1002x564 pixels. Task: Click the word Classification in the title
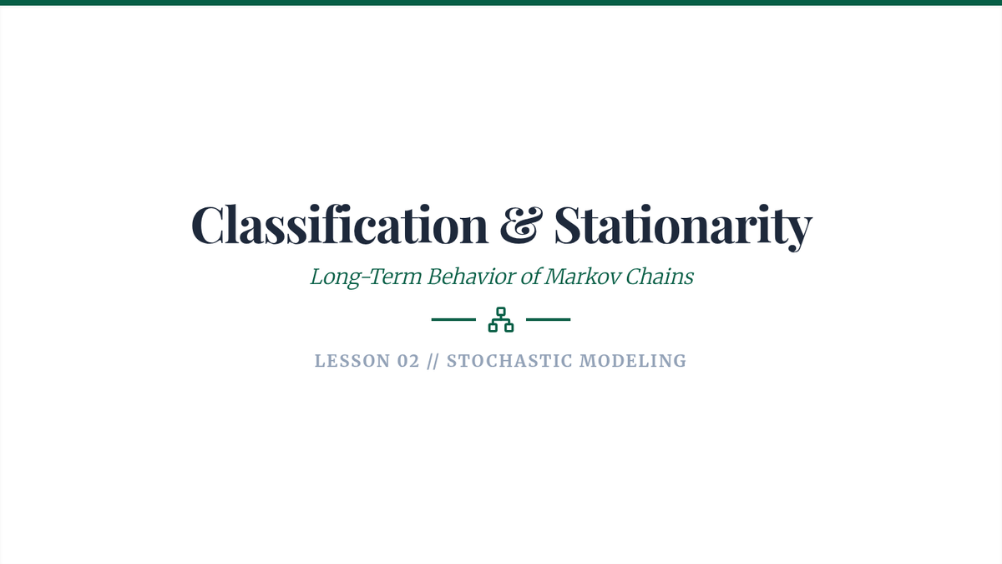(340, 224)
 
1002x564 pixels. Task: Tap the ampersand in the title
(521, 225)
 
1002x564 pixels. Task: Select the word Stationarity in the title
(683, 227)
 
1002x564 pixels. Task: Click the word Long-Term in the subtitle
(366, 277)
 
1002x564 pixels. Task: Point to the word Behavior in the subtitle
(472, 277)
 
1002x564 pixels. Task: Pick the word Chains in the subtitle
(660, 277)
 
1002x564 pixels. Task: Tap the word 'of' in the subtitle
(530, 277)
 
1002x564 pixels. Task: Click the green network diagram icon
(501, 319)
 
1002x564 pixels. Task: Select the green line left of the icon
(453, 319)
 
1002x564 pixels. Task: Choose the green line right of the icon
(549, 319)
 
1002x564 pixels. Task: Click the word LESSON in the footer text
(352, 361)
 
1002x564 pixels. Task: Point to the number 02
(408, 361)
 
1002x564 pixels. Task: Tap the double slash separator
(433, 361)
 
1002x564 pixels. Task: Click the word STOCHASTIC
(509, 361)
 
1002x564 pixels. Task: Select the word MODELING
(633, 361)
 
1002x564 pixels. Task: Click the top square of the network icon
(501, 312)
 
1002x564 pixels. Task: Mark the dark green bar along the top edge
(501, 3)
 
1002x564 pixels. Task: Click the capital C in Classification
(208, 225)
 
